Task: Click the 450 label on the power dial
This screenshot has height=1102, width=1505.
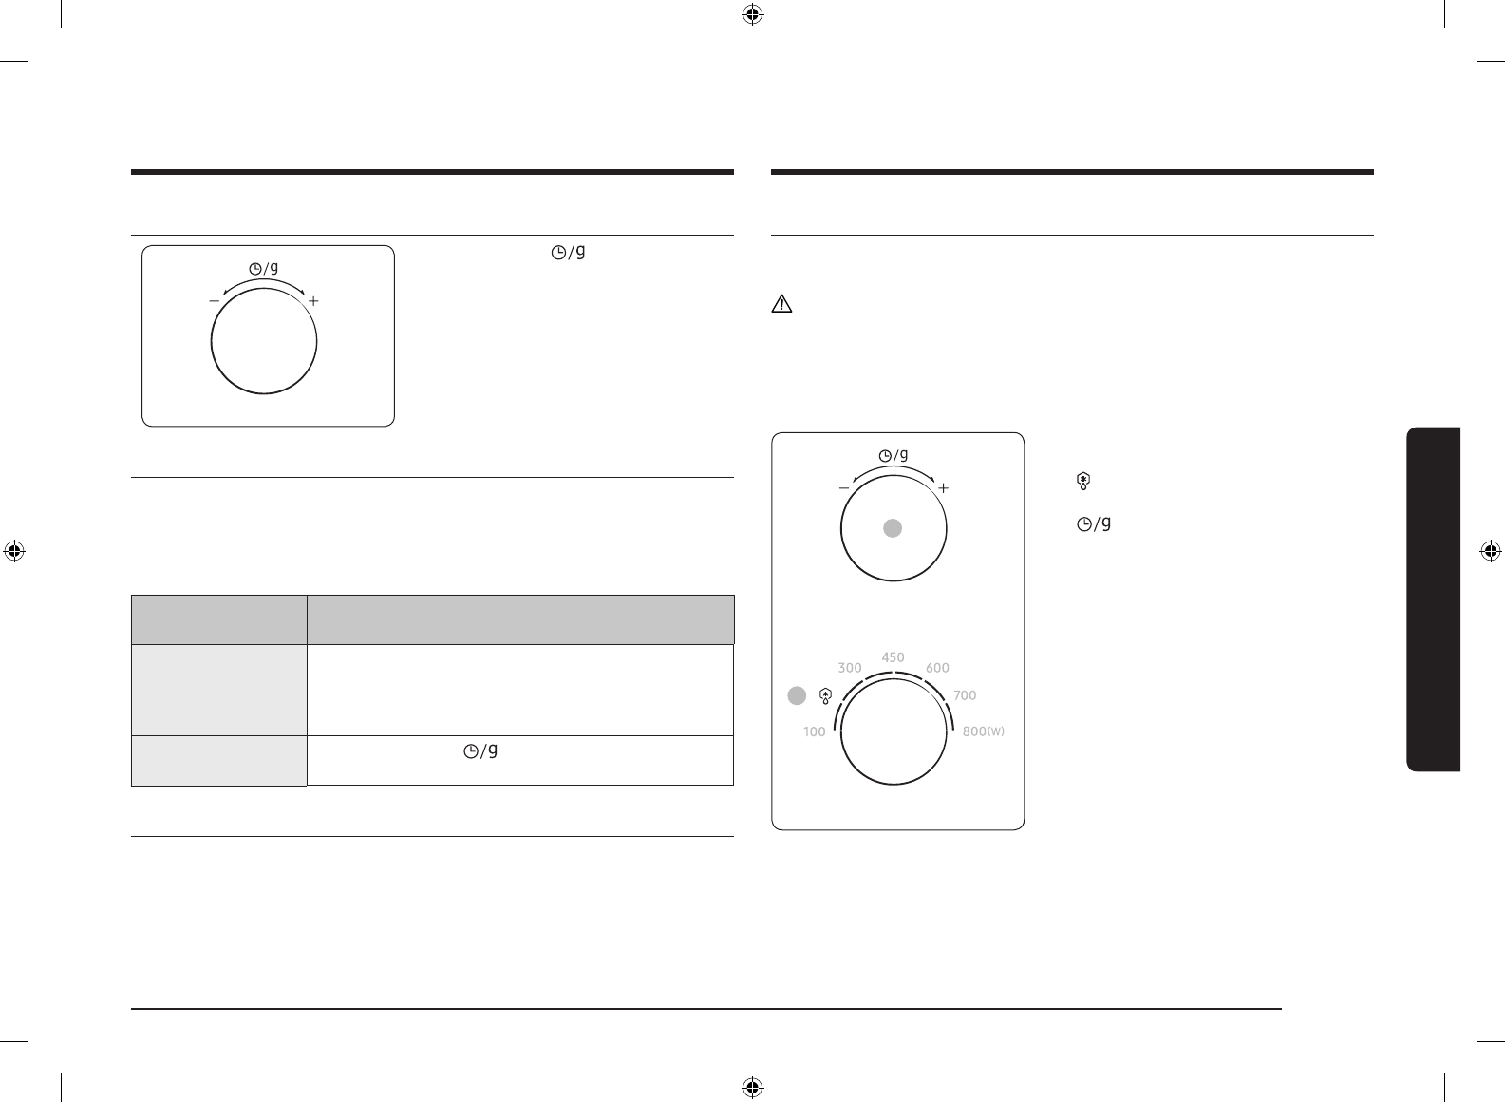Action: click(893, 656)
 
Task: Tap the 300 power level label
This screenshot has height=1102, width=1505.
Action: click(849, 668)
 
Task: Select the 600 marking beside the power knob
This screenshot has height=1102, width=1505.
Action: click(937, 668)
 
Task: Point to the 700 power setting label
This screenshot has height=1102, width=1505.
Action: click(965, 695)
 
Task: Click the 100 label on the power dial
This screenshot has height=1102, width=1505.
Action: click(815, 731)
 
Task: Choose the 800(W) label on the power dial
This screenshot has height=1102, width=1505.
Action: click(983, 731)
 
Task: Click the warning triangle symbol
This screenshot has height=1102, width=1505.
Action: click(781, 304)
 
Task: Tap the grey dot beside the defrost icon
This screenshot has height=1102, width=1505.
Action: click(797, 695)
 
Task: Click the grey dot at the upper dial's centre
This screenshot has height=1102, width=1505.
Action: click(893, 528)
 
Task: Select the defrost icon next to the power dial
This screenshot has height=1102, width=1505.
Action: click(826, 696)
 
